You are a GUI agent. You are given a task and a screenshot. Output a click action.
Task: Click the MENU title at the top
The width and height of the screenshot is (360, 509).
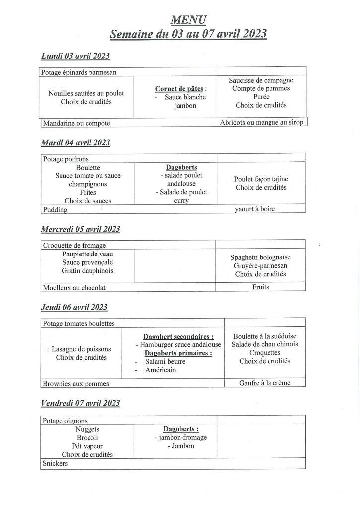[x=188, y=19]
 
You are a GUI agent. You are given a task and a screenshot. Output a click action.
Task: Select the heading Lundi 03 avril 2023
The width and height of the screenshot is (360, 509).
[x=75, y=56]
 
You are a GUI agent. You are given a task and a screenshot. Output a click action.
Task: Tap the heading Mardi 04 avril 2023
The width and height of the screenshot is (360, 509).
[x=75, y=143]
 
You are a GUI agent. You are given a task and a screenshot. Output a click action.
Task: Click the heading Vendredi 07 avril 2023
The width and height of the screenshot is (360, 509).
[x=80, y=403]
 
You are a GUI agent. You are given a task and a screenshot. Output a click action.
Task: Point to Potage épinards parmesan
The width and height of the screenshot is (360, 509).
[x=80, y=72]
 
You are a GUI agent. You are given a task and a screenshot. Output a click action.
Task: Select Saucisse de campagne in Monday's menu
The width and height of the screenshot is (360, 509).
[x=261, y=80]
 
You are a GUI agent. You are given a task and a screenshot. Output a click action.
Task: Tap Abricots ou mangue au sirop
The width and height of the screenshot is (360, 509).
[x=261, y=122]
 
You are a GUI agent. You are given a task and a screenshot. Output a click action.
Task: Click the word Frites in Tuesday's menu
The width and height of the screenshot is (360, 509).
[x=88, y=192]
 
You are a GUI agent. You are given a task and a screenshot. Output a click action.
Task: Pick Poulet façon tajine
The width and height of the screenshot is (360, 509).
[x=261, y=179]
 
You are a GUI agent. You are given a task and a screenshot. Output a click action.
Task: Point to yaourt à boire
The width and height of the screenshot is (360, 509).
[x=255, y=209]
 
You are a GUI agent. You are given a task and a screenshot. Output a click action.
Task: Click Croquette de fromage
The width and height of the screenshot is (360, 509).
[x=75, y=245]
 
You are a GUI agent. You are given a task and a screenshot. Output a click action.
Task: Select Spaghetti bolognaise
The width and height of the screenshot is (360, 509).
[x=261, y=257]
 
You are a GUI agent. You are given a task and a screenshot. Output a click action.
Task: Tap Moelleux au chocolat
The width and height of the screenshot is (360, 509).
[x=75, y=287]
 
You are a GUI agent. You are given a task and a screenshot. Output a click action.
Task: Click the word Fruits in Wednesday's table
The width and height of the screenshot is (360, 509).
[x=261, y=287]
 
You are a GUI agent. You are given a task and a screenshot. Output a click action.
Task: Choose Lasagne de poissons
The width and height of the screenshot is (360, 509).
[x=82, y=349]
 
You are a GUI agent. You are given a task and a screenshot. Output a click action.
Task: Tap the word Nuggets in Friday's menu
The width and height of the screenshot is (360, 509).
[x=88, y=429]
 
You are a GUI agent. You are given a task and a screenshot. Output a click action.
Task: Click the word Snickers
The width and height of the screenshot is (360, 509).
[x=55, y=464]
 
